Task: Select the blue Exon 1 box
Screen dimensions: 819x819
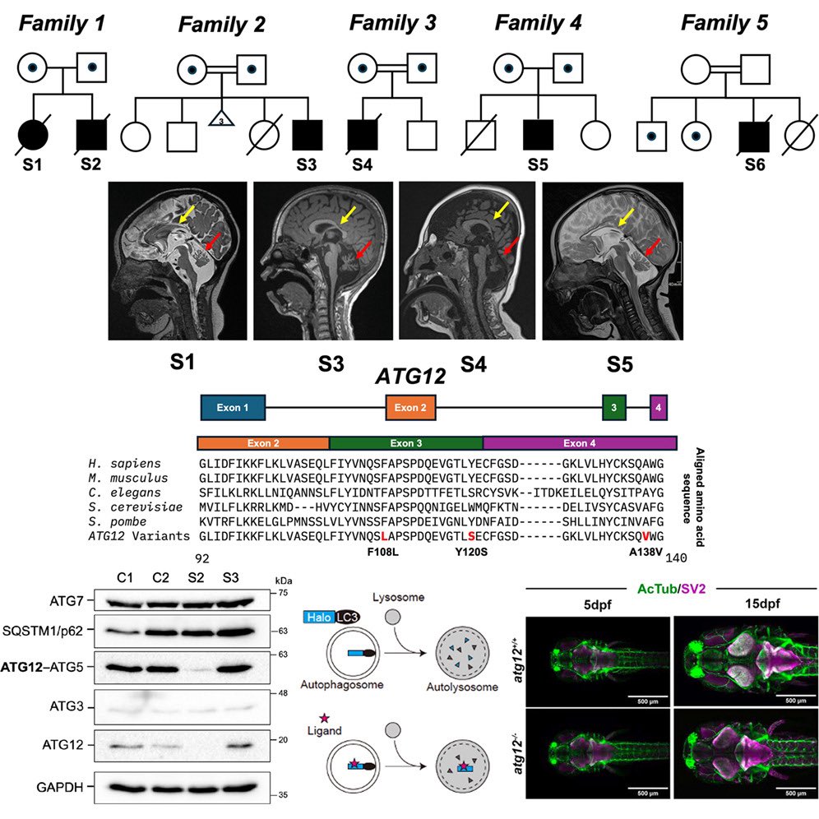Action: pyautogui.click(x=233, y=407)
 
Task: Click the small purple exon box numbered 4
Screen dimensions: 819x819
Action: pyautogui.click(x=658, y=406)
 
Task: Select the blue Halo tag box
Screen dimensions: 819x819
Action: pyautogui.click(x=317, y=617)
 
